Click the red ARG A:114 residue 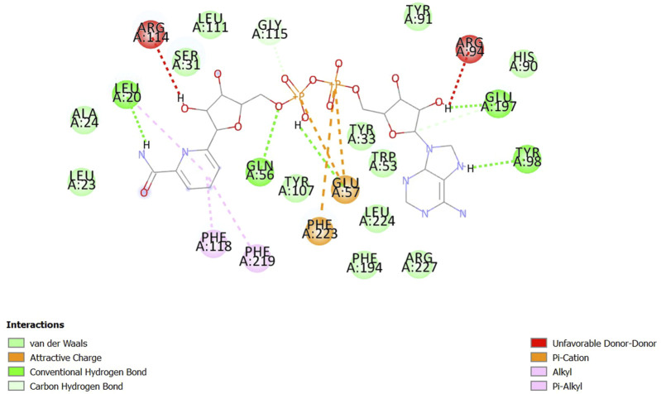pos(151,35)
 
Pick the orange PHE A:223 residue pos(319,230)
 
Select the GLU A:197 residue pos(499,104)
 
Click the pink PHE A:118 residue pos(213,243)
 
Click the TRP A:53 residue pos(383,162)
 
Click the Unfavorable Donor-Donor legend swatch pos(538,342)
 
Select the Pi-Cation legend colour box pos(538,357)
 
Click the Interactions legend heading pos(36,324)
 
